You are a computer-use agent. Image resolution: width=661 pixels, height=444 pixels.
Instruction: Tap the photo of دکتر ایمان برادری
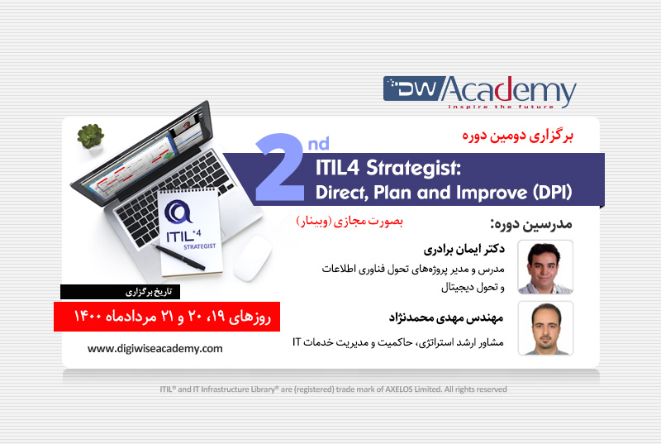point(544,267)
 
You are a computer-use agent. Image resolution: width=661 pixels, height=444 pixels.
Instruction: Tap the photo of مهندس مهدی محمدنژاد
point(544,328)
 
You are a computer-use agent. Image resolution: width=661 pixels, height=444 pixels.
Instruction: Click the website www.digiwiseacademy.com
point(155,348)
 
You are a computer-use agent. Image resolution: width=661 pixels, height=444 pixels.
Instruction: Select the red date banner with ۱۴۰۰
point(168,315)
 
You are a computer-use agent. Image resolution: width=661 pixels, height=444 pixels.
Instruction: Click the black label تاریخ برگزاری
point(121,291)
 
